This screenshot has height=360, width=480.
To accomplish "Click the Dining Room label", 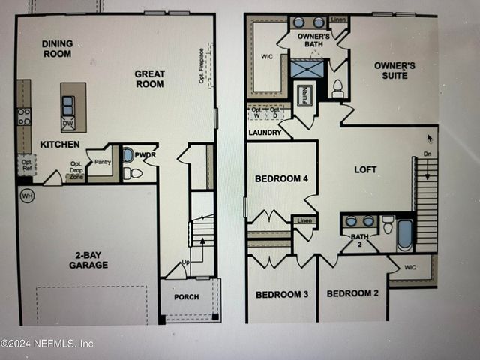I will (x=57, y=49).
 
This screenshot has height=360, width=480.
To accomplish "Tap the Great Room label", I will (x=150, y=79).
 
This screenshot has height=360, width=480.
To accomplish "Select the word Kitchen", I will (x=60, y=144).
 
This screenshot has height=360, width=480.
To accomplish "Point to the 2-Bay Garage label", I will (x=88, y=259).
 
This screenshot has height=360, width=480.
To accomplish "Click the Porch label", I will (x=186, y=297).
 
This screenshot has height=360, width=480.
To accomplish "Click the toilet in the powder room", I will (x=132, y=172).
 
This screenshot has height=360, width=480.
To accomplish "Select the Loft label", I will (x=365, y=169).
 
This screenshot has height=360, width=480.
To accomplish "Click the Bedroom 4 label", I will (x=277, y=178).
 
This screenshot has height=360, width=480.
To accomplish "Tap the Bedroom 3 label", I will (x=282, y=294).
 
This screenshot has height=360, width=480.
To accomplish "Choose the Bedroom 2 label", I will (x=352, y=292).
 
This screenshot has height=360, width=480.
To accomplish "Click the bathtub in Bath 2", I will (x=405, y=234).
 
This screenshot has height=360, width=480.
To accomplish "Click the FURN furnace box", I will (x=304, y=95).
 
